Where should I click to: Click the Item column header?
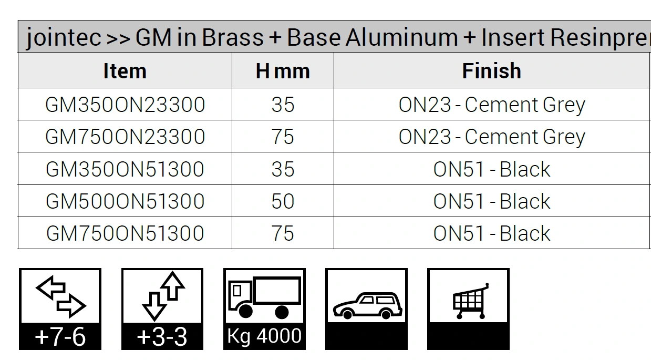(x=125, y=70)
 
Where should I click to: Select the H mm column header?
(x=283, y=70)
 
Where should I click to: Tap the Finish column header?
(x=492, y=70)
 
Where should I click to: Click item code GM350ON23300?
(x=125, y=105)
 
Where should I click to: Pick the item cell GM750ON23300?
(x=125, y=137)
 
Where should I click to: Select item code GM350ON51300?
(x=125, y=169)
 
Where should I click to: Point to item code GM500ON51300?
(x=125, y=201)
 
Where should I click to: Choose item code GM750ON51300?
(x=125, y=233)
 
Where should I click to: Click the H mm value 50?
(x=283, y=201)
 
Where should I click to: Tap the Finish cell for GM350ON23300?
(x=492, y=105)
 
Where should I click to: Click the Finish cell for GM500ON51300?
(x=492, y=201)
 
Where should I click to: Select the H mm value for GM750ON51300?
(x=283, y=233)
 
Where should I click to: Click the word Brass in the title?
(x=233, y=37)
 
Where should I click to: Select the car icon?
(x=367, y=306)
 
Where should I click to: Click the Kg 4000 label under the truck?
(x=264, y=336)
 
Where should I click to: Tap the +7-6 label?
(x=60, y=337)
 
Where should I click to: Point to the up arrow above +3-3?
(x=173, y=285)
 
